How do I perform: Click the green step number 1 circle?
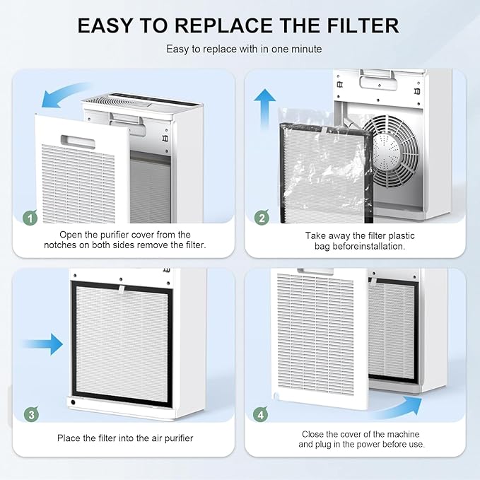click(x=29, y=218)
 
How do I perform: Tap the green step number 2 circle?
click(x=262, y=218)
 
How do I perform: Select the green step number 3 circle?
click(x=29, y=414)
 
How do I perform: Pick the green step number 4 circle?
click(x=262, y=414)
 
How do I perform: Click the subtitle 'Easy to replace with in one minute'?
click(x=239, y=49)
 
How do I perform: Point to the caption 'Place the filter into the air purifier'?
click(x=125, y=438)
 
